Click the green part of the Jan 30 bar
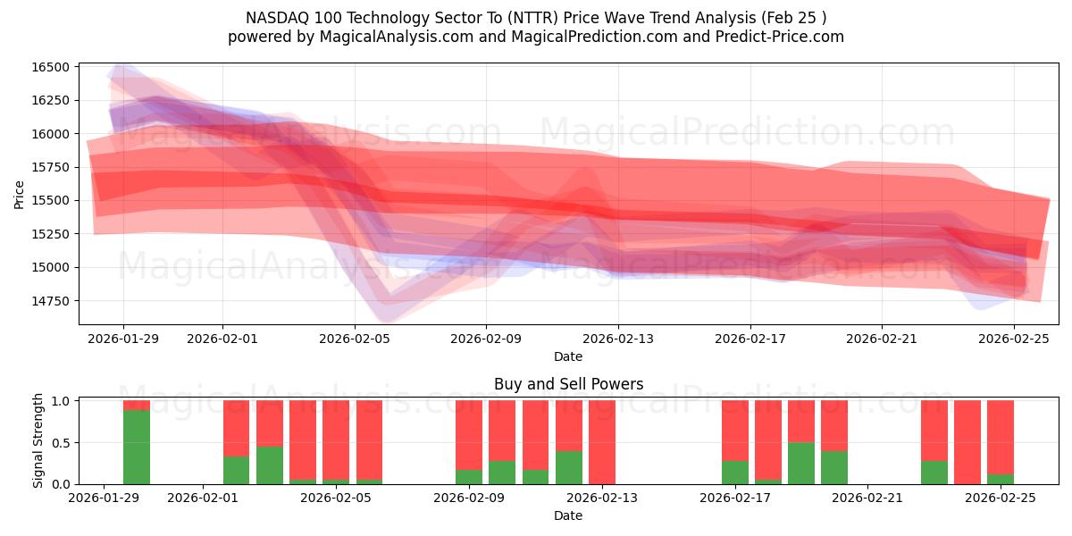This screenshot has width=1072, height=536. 137,447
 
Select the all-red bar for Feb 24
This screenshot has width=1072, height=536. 967,442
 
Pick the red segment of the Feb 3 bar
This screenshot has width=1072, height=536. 270,423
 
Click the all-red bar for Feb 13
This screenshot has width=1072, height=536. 602,442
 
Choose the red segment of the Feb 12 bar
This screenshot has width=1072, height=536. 569,425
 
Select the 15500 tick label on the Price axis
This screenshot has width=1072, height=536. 51,201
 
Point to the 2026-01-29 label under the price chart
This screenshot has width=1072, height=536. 123,339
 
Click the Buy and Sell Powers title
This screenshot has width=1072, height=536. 568,385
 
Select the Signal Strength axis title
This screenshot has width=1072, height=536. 38,440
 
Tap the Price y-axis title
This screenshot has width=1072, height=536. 20,194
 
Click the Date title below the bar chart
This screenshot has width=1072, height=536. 568,515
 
